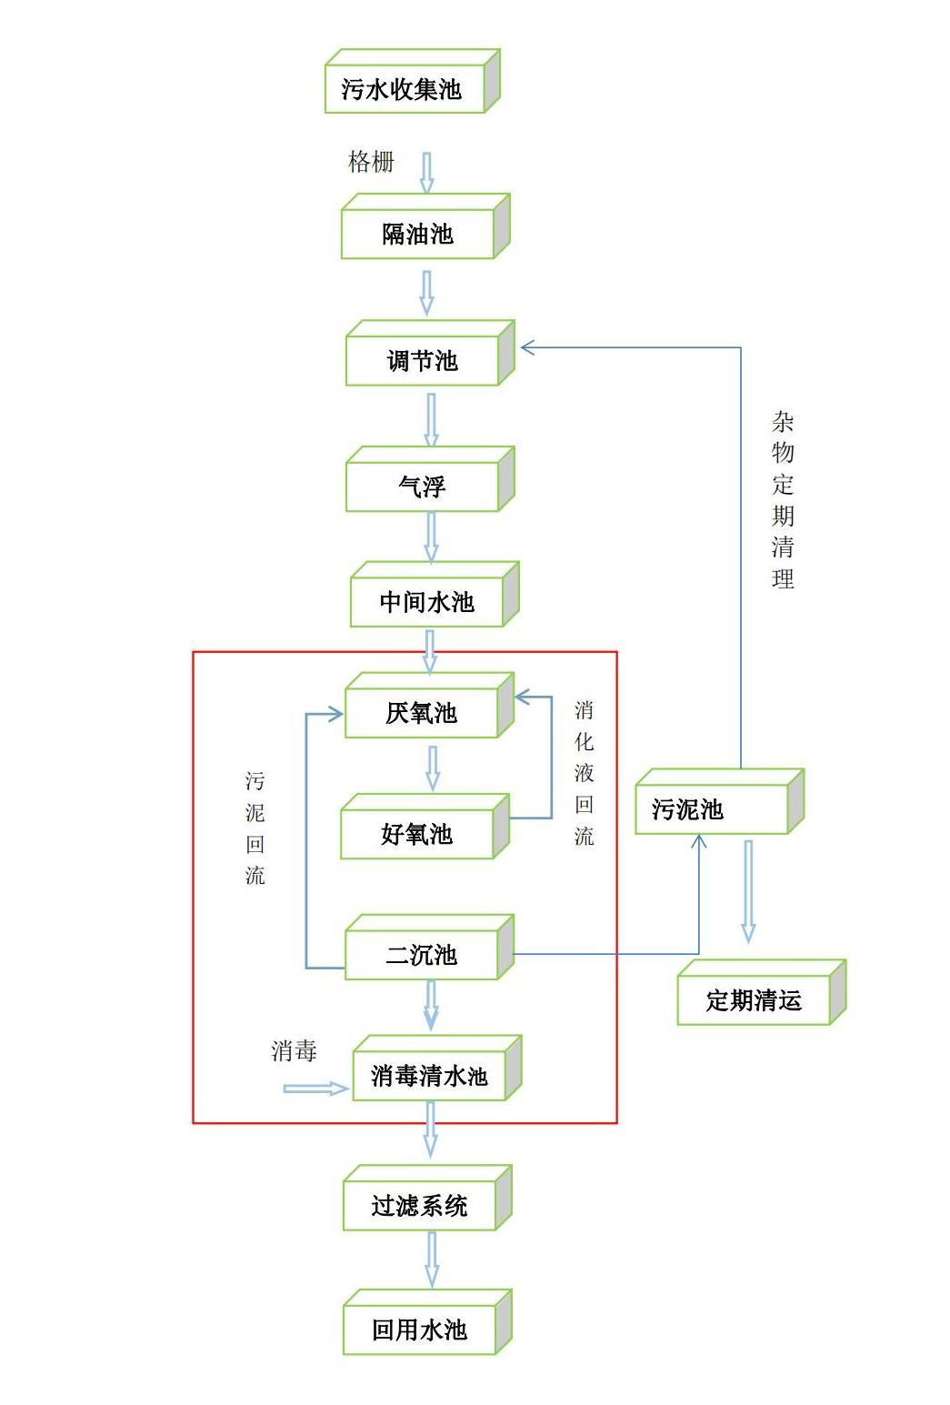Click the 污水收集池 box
tap(405, 87)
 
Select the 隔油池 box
tap(419, 234)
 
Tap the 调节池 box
tap(424, 360)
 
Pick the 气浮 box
tap(424, 487)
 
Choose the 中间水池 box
tap(428, 601)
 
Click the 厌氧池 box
tap(423, 713)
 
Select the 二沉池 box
tap(423, 955)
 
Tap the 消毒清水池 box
tap(430, 1076)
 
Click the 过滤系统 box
tap(421, 1206)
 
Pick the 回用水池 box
tap(421, 1330)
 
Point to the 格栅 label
tap(371, 162)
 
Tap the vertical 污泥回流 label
tap(255, 828)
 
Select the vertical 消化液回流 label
tap(585, 773)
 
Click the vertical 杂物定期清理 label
tap(783, 500)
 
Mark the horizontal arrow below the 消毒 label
tap(315, 1089)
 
